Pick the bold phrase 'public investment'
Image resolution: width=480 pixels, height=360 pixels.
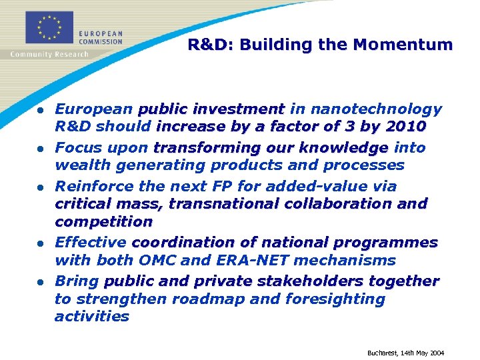(211, 109)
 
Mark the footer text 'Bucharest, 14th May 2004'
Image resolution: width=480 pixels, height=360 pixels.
(405, 353)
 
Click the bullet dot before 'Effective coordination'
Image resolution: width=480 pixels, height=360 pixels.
(41, 243)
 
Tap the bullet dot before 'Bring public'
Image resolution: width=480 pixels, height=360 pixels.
(41, 281)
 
